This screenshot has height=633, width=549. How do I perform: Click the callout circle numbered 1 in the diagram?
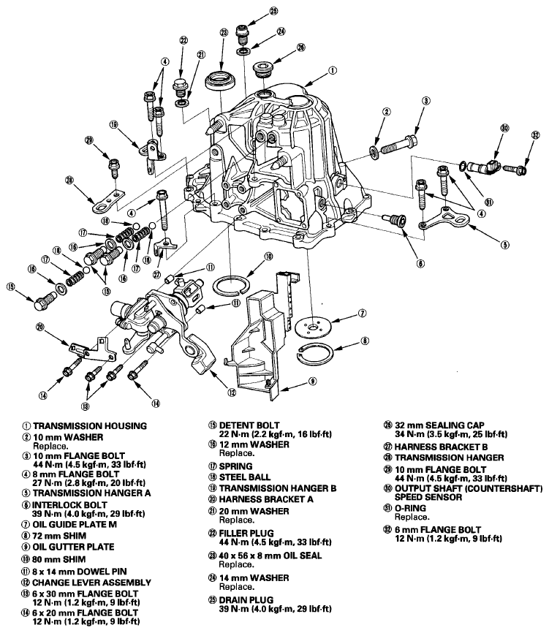pos(332,71)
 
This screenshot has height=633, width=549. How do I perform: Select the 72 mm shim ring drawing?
pos(315,354)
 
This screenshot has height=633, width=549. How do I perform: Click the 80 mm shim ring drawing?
pos(230,286)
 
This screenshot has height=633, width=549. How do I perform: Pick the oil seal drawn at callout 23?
pos(221,80)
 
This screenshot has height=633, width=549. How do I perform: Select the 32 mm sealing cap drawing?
pos(264,70)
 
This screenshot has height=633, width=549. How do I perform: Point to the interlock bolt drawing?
pos(396,220)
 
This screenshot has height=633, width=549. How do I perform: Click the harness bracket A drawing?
pos(92,350)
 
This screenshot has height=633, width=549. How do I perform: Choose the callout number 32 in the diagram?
pos(535,135)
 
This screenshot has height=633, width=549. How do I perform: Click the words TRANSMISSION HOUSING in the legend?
pos(90,426)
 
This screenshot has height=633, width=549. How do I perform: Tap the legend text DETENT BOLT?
pos(249,425)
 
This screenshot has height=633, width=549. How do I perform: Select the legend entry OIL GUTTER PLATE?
pos(74,547)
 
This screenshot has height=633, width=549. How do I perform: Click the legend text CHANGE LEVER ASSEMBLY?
pos(91,583)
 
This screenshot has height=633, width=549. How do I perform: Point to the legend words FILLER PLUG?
pos(246,533)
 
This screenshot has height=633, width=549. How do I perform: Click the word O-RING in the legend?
pos(410,508)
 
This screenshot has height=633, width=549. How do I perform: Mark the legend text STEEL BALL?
pos(245,477)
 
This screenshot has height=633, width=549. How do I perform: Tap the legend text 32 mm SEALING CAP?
pos(439,425)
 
